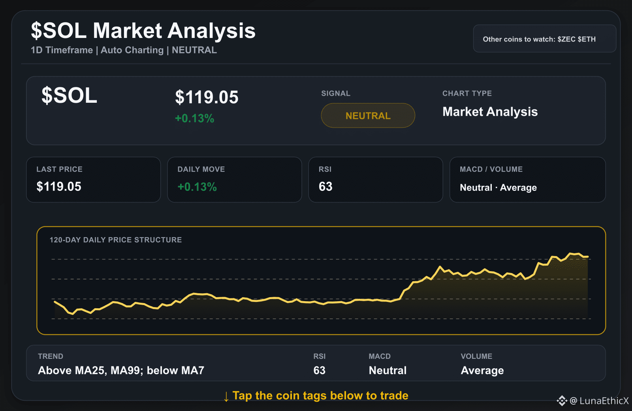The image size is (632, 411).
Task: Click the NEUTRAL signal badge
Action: coord(368,115)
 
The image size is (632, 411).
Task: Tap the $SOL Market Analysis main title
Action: coord(143,31)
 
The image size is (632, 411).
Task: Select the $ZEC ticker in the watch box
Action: coord(566,39)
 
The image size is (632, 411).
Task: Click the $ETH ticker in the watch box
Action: coord(587,39)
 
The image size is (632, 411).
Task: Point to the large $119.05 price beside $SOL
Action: coord(207,97)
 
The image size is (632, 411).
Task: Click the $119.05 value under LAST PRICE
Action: coord(59,187)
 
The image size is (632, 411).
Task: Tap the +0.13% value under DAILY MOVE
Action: coord(197,187)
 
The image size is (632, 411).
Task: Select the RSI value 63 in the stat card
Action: coord(325,187)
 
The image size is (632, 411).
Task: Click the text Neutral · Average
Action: coord(498,187)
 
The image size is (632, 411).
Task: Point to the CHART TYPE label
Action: coord(467,93)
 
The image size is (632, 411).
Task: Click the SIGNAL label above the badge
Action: coord(336,93)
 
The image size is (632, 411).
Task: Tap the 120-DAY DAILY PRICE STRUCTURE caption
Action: coord(116,240)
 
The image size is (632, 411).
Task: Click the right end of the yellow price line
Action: coord(588,256)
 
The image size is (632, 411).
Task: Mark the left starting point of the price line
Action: coord(55,302)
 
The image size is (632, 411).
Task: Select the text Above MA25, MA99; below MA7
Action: coord(121,370)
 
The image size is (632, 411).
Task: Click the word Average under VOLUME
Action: coord(482,370)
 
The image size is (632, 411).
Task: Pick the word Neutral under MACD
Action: coord(387,370)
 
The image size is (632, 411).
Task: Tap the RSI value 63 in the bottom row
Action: coord(320,370)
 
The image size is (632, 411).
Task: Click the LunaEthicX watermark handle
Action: coord(604,401)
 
